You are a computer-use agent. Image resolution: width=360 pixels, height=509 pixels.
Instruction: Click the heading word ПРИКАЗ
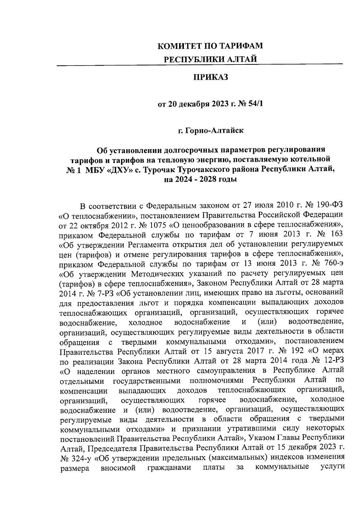(210, 78)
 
